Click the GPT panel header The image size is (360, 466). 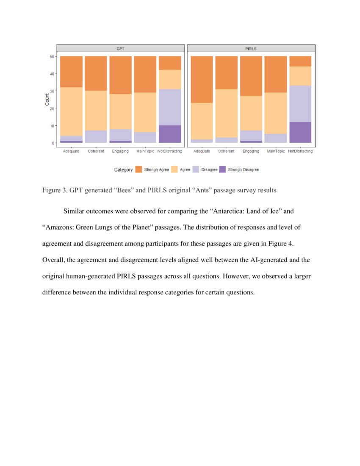(121, 48)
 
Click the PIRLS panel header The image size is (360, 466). (251, 48)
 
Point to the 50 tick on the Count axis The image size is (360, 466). (53, 56)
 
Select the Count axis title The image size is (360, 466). (47, 100)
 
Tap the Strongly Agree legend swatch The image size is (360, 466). (138, 169)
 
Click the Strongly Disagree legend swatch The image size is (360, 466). (223, 169)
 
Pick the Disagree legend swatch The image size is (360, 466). (196, 169)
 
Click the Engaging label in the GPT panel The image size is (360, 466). (120, 151)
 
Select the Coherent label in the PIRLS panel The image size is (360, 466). (226, 151)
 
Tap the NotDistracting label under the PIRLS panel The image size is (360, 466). (300, 151)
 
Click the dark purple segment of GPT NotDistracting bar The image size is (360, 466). (170, 134)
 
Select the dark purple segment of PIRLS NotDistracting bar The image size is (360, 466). (300, 132)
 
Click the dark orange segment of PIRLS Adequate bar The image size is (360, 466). (202, 80)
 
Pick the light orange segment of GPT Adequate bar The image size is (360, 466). (71, 111)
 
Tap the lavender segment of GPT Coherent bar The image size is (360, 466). (96, 136)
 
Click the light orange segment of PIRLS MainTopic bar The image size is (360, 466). (275, 113)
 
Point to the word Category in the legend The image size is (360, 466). (123, 169)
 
